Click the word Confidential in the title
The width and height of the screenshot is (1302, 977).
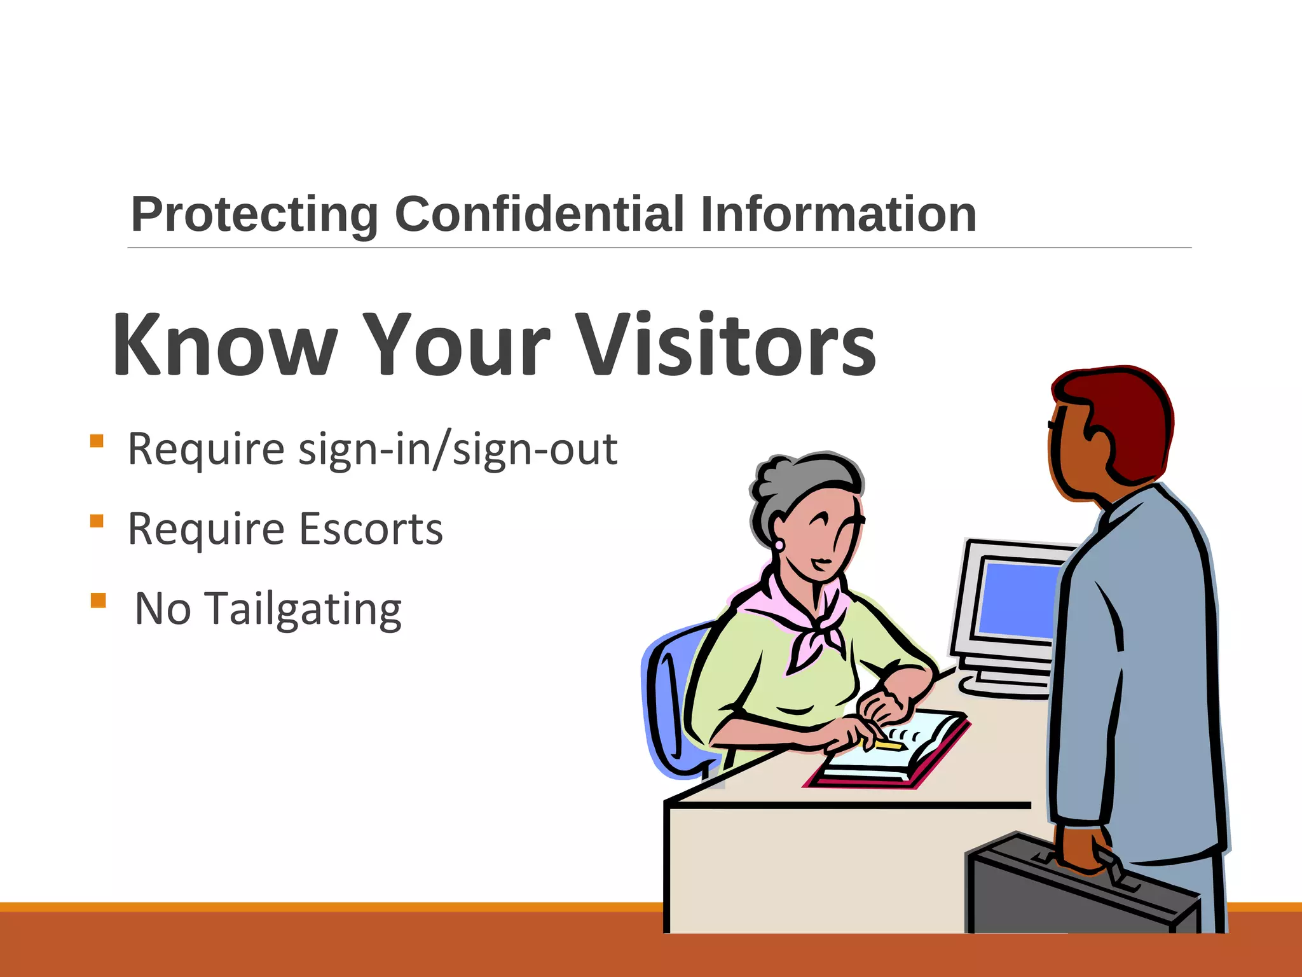click(x=539, y=214)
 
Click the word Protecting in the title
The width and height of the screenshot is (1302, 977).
click(x=254, y=215)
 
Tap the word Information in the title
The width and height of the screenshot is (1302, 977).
click(x=838, y=214)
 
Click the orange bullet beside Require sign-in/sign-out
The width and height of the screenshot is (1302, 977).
click(x=97, y=441)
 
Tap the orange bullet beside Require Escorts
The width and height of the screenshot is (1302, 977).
click(x=97, y=521)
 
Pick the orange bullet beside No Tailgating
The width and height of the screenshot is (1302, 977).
click(x=98, y=600)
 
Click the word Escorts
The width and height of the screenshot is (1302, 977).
click(x=371, y=529)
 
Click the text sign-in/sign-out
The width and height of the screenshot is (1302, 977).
click(x=458, y=449)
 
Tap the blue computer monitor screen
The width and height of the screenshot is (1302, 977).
click(x=1017, y=598)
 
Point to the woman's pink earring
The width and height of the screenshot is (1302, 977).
click(x=779, y=545)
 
